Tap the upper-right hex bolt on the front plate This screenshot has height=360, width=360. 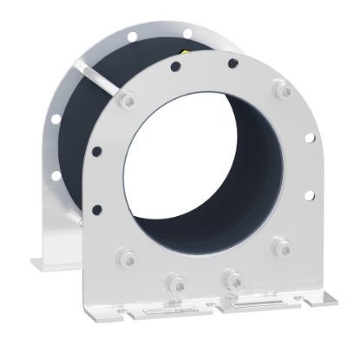[281, 89]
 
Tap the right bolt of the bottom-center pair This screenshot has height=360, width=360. [231, 278]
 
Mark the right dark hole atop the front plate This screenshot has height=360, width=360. [232, 62]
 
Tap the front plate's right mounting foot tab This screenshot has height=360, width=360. [323, 299]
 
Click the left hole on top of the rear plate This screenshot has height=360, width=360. [132, 38]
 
